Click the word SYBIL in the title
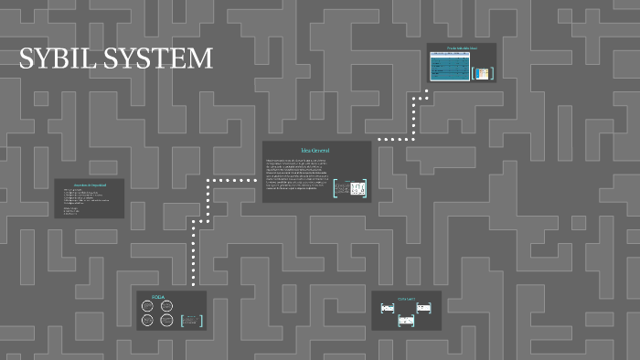(57, 59)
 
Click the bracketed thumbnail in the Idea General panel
(350, 188)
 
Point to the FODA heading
(156, 298)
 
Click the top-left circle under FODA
(147, 307)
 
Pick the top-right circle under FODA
(166, 307)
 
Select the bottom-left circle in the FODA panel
(147, 320)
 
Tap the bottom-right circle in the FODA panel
(166, 320)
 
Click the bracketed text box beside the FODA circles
(191, 320)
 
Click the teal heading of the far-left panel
(90, 185)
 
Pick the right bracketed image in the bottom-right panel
(423, 307)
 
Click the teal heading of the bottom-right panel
(406, 298)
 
